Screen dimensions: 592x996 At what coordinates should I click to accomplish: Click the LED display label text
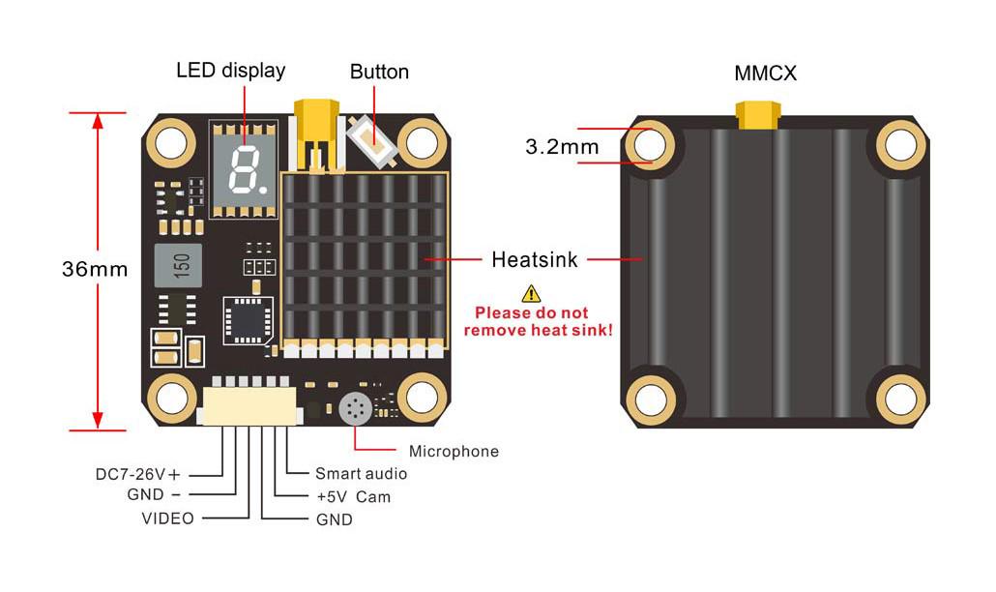[x=230, y=71]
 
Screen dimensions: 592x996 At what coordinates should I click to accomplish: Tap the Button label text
[x=379, y=72]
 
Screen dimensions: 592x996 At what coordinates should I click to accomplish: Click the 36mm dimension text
[x=95, y=270]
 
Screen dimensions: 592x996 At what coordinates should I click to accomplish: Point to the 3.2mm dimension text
[x=562, y=147]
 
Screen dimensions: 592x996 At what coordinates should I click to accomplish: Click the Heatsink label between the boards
[x=535, y=259]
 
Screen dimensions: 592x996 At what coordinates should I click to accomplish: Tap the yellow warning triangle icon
[x=531, y=293]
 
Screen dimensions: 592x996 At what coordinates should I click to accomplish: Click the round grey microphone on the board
[x=355, y=409]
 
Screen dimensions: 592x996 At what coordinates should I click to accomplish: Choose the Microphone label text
[x=454, y=451]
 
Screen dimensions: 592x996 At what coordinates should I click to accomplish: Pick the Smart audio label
[x=361, y=473]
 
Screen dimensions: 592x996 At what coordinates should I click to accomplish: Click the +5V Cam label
[x=353, y=496]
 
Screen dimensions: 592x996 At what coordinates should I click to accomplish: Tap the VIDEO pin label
[x=167, y=518]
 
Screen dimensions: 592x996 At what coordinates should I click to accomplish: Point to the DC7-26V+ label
[x=138, y=474]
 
